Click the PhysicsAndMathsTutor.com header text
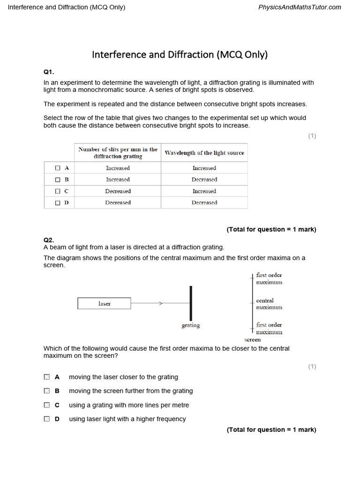pos(300,7)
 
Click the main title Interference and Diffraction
pos(180,54)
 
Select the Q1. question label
pos(49,72)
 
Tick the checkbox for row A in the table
pos(58,168)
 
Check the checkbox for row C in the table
pos(58,191)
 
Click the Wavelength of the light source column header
pos(204,153)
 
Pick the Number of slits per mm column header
pos(118,153)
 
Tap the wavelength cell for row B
pos(204,180)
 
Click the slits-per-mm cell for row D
pos(118,202)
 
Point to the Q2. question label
pos(49,240)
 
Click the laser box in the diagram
pos(104,304)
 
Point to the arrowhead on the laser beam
pos(161,304)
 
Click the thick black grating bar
pos(191,303)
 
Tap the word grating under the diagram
pos(191,325)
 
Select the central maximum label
pos(269,304)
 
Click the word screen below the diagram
pos(253,339)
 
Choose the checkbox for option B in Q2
pos(47,391)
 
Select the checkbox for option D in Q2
pos(47,419)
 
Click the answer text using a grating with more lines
pos(129,405)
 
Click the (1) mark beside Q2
pos(312,367)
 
